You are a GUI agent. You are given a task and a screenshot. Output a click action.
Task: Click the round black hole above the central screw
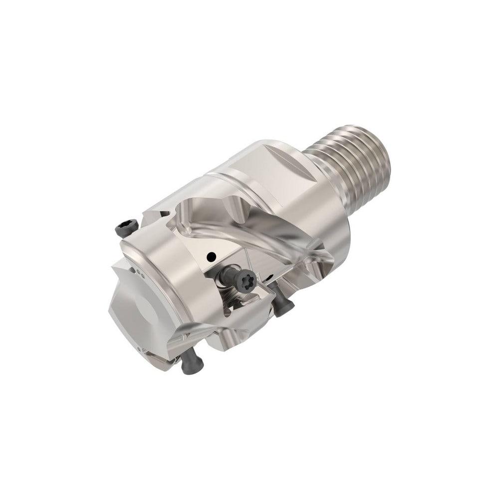pyautogui.click(x=212, y=257)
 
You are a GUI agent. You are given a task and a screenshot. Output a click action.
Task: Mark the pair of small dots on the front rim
pyautogui.click(x=142, y=273)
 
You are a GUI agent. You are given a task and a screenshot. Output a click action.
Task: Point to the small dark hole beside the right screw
pyautogui.click(x=269, y=277)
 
